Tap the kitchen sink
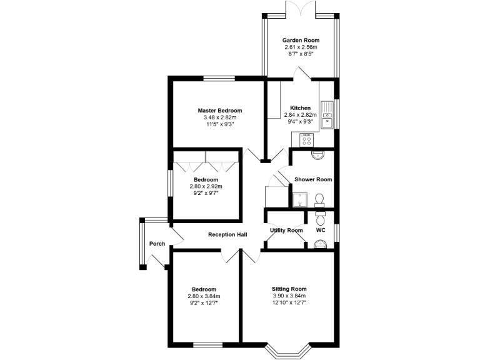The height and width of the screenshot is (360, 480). (x=327, y=116)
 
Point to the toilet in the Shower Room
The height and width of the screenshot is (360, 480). (x=320, y=200)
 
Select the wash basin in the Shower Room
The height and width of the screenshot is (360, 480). (x=317, y=154)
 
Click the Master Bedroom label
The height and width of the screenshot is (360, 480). (x=219, y=111)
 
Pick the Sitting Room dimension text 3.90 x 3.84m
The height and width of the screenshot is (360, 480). (x=289, y=296)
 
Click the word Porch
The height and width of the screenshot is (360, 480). (x=157, y=244)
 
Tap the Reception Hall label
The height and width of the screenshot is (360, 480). (x=227, y=235)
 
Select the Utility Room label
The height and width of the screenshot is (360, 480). (x=286, y=231)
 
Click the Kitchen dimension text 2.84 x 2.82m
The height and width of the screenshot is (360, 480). (x=300, y=115)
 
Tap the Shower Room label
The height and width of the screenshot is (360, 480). (x=313, y=179)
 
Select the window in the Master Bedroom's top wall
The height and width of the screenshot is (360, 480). (x=219, y=78)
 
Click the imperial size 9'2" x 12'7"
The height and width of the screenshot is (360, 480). (x=204, y=303)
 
